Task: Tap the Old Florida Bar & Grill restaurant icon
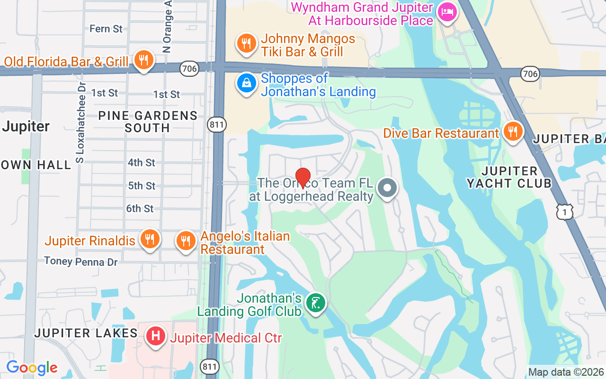(x=143, y=60)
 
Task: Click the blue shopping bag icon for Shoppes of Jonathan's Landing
(x=246, y=83)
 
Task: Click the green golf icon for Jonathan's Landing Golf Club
(x=315, y=303)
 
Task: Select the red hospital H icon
(x=156, y=337)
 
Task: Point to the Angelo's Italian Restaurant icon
(x=186, y=241)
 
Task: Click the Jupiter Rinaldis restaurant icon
(x=150, y=239)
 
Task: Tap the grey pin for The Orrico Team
(x=387, y=188)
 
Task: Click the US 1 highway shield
(x=564, y=213)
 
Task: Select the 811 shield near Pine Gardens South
(x=217, y=125)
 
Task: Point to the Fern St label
(x=106, y=29)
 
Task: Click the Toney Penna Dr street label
(x=81, y=261)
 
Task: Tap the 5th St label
(x=142, y=186)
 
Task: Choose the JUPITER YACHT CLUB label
(x=509, y=177)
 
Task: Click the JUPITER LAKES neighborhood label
(x=86, y=333)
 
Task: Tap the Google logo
(x=32, y=368)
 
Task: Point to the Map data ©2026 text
(x=566, y=372)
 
